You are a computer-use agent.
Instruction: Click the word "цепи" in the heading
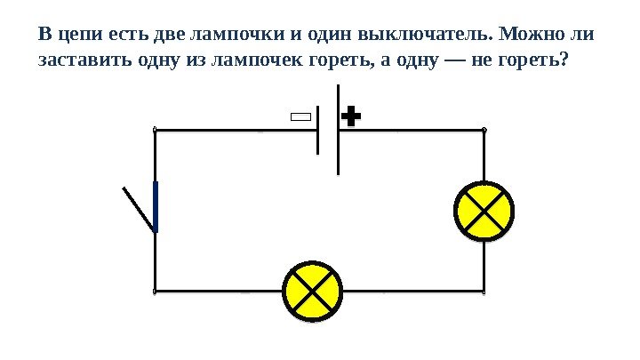[x=69, y=36]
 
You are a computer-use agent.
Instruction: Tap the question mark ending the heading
[x=569, y=63]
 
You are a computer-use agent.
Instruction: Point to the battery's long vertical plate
[x=339, y=129]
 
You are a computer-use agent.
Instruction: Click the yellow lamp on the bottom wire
[x=311, y=292]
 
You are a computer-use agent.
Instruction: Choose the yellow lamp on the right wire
[x=484, y=212]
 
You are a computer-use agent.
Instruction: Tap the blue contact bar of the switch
[x=156, y=206]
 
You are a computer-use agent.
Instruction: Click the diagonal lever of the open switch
[x=139, y=208]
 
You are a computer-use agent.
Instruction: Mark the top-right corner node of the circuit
[x=484, y=130]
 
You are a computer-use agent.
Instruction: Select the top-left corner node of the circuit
[x=156, y=130]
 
